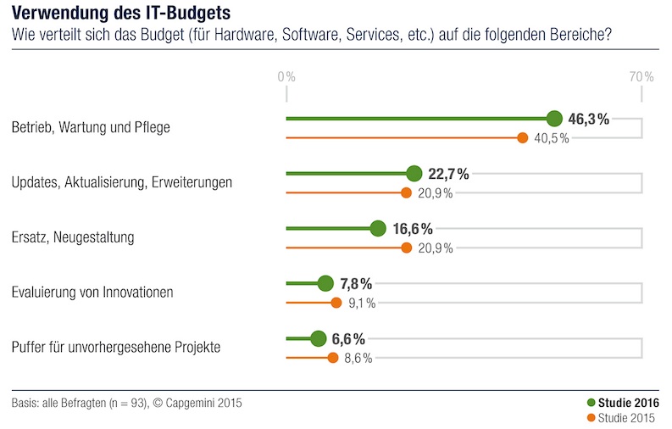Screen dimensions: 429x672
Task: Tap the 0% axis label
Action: tap(286, 76)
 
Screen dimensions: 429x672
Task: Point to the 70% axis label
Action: tap(641, 76)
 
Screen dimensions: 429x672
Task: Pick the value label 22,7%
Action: tap(448, 174)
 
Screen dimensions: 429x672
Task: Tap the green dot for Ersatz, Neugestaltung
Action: tap(379, 229)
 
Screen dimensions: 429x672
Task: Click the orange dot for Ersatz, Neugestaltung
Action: tap(406, 248)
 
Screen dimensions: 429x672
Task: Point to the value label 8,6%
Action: tap(358, 358)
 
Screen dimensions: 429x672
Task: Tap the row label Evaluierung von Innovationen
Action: tap(92, 292)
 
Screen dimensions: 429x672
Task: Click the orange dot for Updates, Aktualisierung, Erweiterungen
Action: tap(406, 192)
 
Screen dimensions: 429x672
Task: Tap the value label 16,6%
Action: tap(414, 229)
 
